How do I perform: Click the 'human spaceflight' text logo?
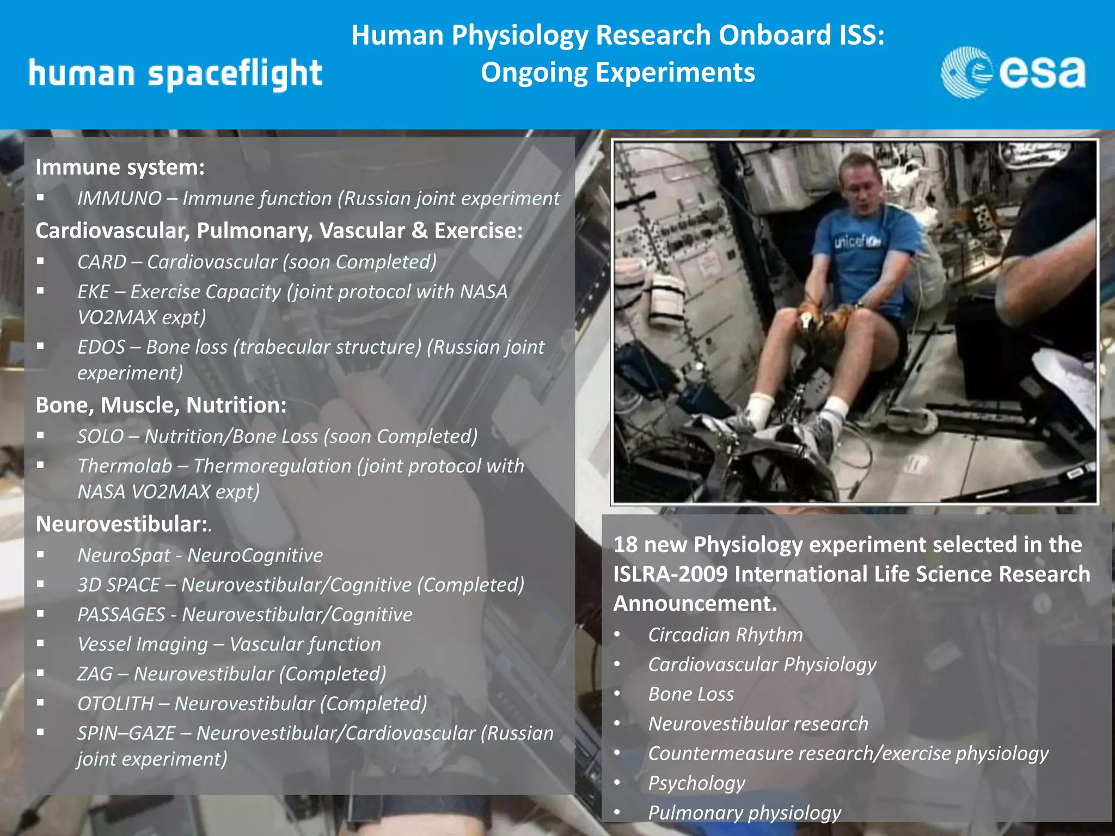pos(175,74)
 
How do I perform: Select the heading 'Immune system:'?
pos(120,167)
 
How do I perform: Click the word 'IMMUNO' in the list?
pos(119,199)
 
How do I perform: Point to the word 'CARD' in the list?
pos(102,262)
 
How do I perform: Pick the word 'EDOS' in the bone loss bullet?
pos(101,347)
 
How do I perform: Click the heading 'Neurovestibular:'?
pos(122,524)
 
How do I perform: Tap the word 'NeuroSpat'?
pos(124,555)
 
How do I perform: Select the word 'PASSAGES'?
pos(121,614)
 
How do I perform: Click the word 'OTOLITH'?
pos(115,704)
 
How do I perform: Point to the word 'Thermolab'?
pos(125,466)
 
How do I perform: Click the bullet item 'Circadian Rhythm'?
pos(725,635)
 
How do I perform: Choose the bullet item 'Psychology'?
pos(696,783)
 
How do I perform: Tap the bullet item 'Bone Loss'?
pos(691,694)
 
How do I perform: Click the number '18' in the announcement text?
pos(624,545)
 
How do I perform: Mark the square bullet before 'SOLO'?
pos(40,435)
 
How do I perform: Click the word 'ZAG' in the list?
pos(95,674)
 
